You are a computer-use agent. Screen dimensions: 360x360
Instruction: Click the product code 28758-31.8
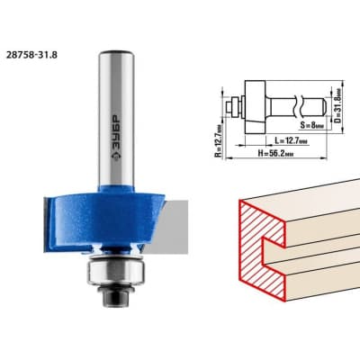click(x=31, y=55)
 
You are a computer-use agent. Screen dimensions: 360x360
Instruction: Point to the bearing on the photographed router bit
click(x=116, y=272)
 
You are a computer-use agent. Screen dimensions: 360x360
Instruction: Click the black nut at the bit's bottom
click(x=117, y=296)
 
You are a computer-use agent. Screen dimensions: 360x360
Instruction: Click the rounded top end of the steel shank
click(x=117, y=53)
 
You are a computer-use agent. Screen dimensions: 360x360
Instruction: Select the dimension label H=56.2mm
click(x=275, y=154)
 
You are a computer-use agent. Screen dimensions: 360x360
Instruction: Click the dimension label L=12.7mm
click(x=291, y=140)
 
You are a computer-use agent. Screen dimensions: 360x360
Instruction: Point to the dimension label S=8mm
click(x=312, y=125)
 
